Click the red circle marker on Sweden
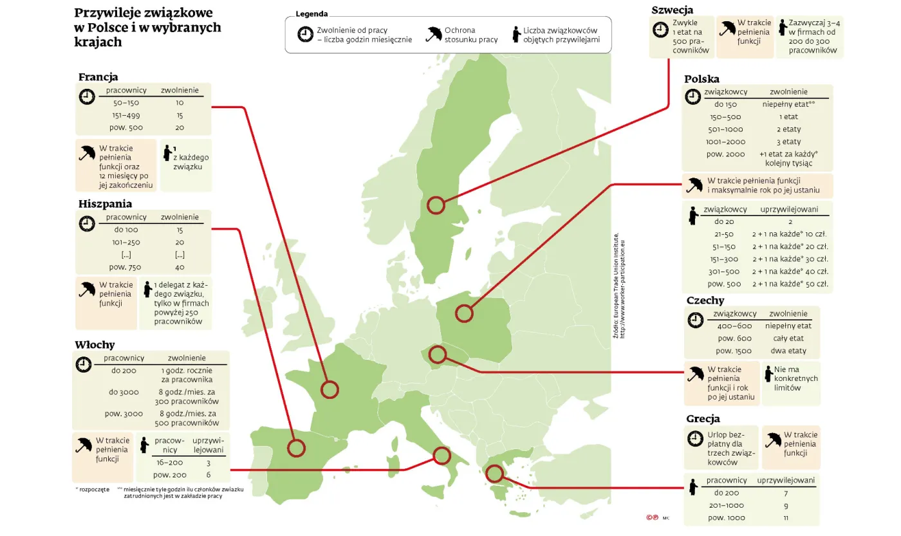pos(436,205)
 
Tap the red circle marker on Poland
pos(464,313)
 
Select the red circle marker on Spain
pos(296,448)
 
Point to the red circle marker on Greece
pos(494,474)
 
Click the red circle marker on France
pos(330,389)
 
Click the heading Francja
pos(98,77)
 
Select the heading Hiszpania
pos(105,204)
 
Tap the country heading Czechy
pos(705,300)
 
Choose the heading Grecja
pos(703,419)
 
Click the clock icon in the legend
pos(305,35)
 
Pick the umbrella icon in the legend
pos(434,33)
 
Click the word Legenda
pos(311,14)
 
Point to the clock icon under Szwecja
pos(660,30)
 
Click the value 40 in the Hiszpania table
pos(180,267)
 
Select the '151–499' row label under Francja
pos(126,115)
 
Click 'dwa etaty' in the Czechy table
pos(788,351)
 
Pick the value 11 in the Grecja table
pos(786,518)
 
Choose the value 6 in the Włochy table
pos(208,475)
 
